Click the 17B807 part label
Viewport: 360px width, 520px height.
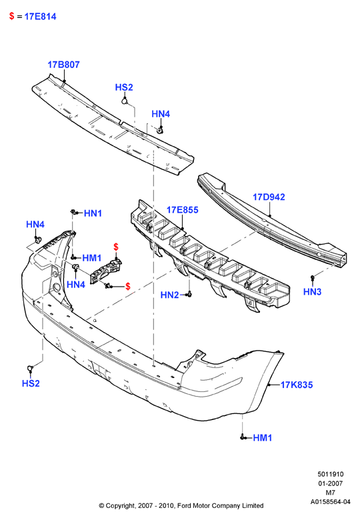pyautogui.click(x=63, y=65)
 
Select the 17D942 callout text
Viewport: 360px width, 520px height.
pyautogui.click(x=269, y=197)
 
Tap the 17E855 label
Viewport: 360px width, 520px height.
pyautogui.click(x=182, y=210)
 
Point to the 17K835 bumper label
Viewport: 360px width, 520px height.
pyautogui.click(x=297, y=385)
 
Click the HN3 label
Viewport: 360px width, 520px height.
pyautogui.click(x=312, y=292)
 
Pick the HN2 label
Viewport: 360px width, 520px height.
pyautogui.click(x=169, y=295)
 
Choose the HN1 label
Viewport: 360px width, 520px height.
pyautogui.click(x=93, y=213)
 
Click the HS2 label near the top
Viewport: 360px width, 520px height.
pyautogui.click(x=124, y=87)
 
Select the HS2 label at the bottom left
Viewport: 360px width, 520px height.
pyautogui.click(x=31, y=383)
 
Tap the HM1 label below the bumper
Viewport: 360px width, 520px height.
pyautogui.click(x=263, y=438)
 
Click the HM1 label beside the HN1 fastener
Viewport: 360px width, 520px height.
pyautogui.click(x=92, y=258)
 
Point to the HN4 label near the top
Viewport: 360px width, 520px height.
pyautogui.click(x=161, y=114)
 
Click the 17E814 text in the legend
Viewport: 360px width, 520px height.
pyautogui.click(x=41, y=16)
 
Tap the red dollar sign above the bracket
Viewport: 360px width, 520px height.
pyautogui.click(x=116, y=247)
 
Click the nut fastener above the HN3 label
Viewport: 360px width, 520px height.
pyautogui.click(x=312, y=277)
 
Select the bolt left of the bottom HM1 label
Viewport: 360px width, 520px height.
pyautogui.click(x=242, y=438)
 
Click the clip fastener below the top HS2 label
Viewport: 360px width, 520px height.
pyautogui.click(x=125, y=100)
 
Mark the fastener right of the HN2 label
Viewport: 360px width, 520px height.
pyautogui.click(x=189, y=294)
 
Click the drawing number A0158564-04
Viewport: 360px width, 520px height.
pyautogui.click(x=330, y=502)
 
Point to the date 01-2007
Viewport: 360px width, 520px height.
pyautogui.click(x=331, y=483)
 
